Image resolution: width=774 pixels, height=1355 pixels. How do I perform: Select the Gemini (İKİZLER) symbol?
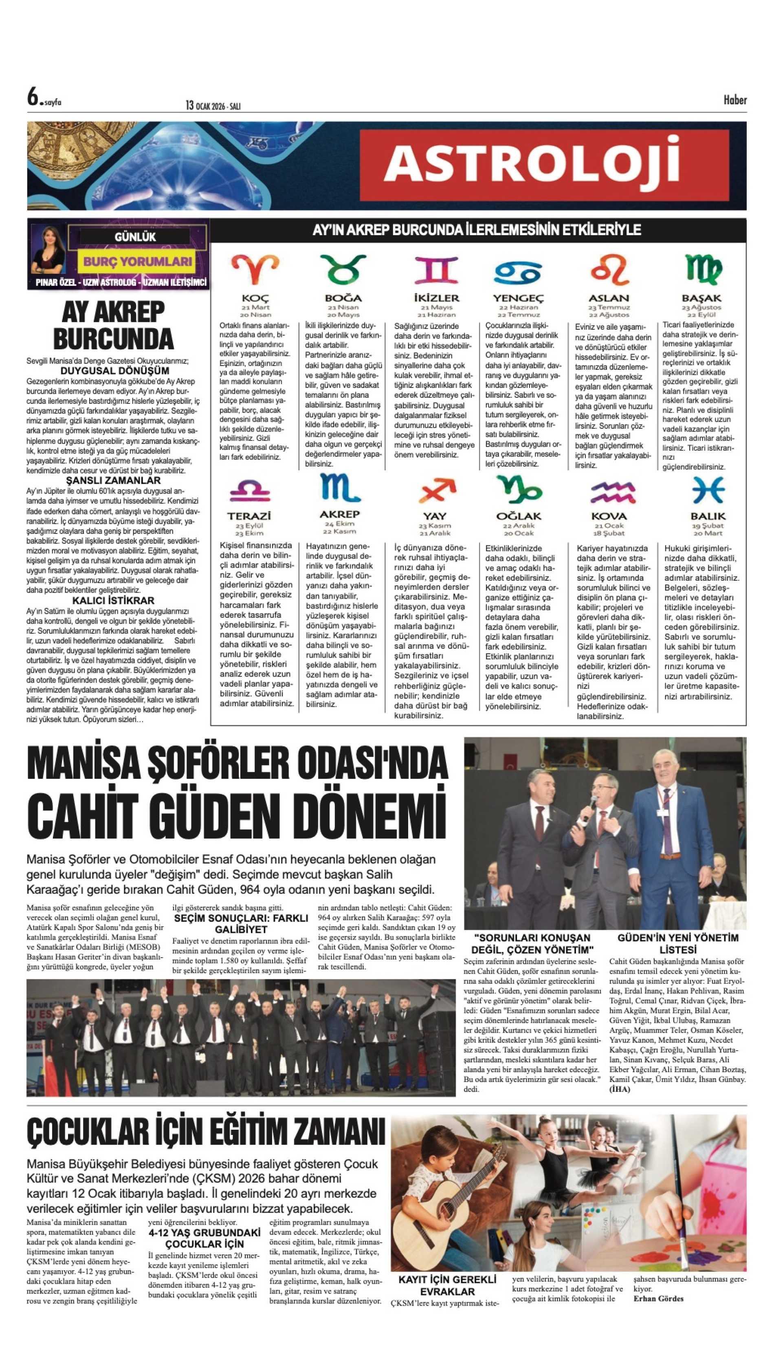(436, 270)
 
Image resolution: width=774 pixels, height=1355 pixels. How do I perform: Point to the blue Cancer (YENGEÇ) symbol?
(518, 272)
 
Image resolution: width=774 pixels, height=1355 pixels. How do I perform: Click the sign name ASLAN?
(609, 298)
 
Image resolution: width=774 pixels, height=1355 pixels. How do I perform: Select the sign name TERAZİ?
(249, 516)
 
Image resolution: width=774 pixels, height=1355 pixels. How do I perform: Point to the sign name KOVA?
(609, 516)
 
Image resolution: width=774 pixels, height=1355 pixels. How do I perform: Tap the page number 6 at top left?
(33, 97)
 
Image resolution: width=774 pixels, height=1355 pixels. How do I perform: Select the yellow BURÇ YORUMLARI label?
(137, 261)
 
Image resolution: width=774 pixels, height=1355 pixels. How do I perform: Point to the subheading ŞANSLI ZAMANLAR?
(113, 480)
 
